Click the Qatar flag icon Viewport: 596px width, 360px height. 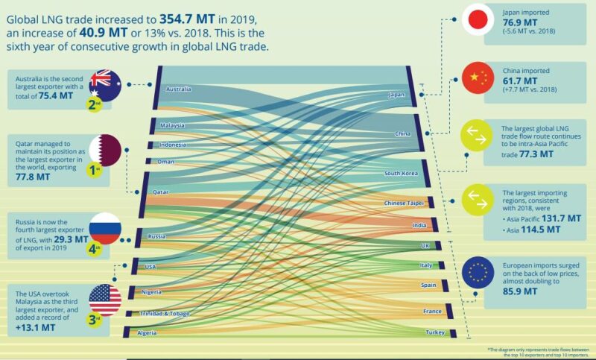(104, 151)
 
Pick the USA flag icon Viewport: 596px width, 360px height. (104, 300)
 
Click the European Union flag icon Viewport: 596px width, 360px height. (477, 274)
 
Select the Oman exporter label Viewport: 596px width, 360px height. (165, 161)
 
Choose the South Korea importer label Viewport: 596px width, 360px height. (401, 174)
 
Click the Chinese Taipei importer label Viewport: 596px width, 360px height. (403, 203)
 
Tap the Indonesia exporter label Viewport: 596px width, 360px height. (172, 145)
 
